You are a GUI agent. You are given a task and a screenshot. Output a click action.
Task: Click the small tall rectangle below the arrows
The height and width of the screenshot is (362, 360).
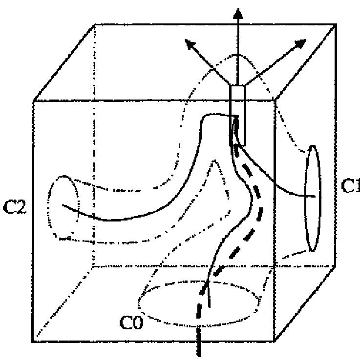pos(237,115)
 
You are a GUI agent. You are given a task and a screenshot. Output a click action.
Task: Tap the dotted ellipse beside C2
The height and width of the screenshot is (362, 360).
pos(63,208)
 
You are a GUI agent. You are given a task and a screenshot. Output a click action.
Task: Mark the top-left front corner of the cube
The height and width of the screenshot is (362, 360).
pos(34,101)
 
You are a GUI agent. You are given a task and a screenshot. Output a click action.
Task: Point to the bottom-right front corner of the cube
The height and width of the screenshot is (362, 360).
pos(275,340)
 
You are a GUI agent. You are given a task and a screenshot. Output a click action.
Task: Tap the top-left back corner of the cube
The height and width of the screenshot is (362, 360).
pos(94,24)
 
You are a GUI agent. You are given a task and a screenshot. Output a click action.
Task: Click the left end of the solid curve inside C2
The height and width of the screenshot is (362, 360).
pos(62,205)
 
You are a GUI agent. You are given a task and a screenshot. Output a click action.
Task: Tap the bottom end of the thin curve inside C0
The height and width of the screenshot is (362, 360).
pos(209,306)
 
